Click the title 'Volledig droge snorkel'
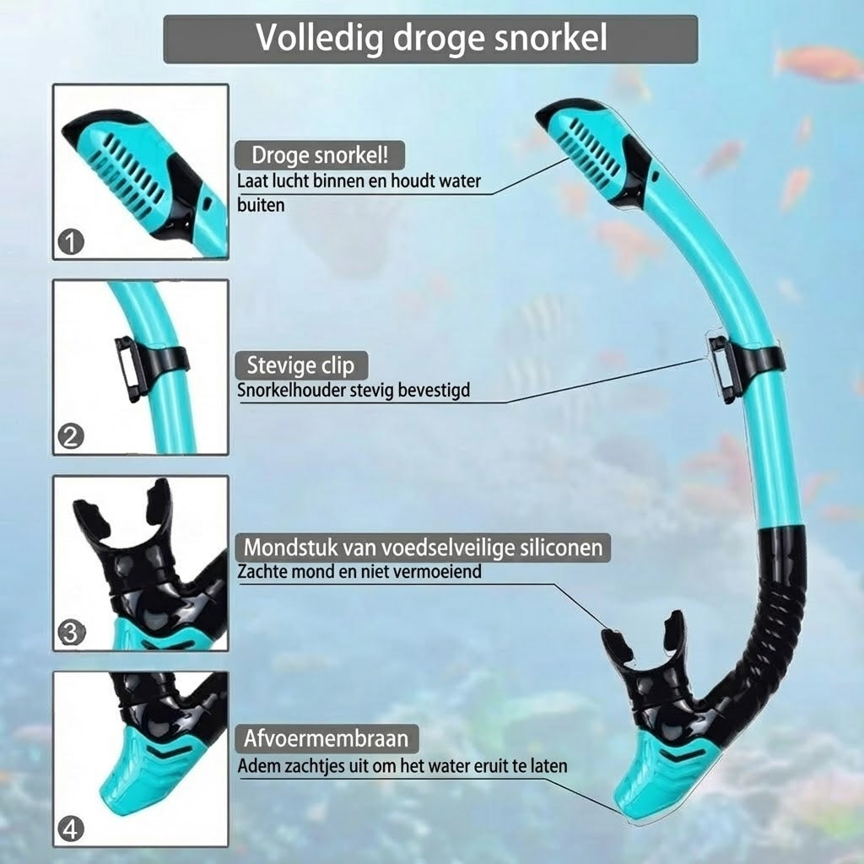tap(431, 38)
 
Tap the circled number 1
tap(71, 242)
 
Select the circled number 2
tap(71, 437)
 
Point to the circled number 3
tap(71, 633)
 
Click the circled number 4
tap(71, 829)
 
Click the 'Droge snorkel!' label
tap(320, 155)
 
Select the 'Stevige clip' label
tap(301, 365)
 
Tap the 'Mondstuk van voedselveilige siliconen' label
tap(423, 547)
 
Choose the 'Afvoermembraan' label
tap(327, 738)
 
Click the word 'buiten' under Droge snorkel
tap(261, 205)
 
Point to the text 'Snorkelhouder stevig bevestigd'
tap(354, 390)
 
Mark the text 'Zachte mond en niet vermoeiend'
tap(359, 571)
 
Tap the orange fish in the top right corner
tap(818, 63)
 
